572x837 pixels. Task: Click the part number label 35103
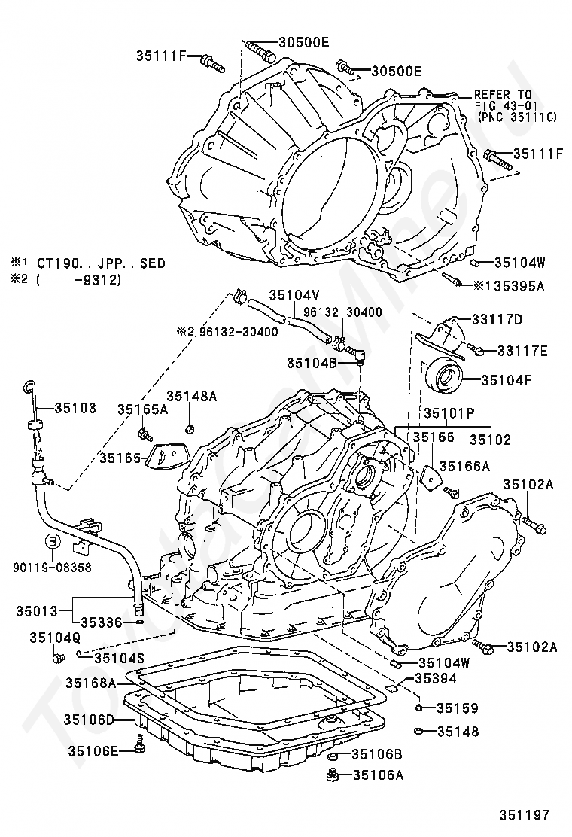tap(75, 409)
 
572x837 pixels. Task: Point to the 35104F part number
tap(507, 380)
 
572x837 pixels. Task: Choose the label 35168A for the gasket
tap(91, 683)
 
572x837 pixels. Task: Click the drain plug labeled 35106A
tap(333, 774)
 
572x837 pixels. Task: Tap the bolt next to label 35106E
tap(139, 744)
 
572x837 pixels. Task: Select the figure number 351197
tap(524, 815)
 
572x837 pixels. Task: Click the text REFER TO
tap(504, 95)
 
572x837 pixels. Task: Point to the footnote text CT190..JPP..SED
tap(101, 263)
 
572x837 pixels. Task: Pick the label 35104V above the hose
tap(294, 295)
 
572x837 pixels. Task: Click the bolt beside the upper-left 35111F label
tap(213, 63)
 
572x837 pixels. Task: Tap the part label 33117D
tap(497, 319)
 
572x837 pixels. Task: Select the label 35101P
tap(449, 413)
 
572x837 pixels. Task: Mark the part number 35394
tap(436, 678)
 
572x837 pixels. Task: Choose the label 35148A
tap(192, 396)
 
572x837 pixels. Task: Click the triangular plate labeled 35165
tap(164, 455)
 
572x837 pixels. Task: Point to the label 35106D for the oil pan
tap(89, 720)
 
